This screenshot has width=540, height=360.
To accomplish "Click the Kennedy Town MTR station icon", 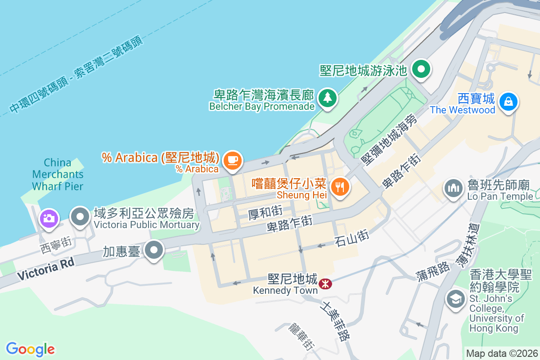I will (325, 284).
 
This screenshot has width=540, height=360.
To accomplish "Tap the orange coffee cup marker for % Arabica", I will (233, 160).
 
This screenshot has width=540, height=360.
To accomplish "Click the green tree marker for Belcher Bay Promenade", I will (328, 98).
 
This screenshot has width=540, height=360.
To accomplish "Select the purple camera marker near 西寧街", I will (49, 219).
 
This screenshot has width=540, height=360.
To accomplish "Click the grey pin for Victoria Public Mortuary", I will (81, 216).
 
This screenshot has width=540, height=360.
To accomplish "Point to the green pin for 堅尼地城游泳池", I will (422, 69).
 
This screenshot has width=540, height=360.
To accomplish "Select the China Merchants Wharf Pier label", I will (58, 174).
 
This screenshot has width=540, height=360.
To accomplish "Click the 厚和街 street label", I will (265, 211).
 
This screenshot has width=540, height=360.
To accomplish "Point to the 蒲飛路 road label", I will (433, 272).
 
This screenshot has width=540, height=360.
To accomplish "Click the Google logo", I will (30, 349).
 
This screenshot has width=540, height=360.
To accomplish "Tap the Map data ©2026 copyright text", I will (501, 353).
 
